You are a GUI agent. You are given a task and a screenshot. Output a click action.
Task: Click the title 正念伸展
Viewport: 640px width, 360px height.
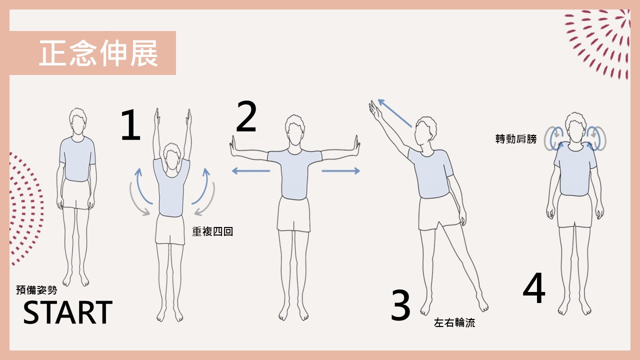98,53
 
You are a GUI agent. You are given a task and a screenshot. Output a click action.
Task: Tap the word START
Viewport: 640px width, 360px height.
67,312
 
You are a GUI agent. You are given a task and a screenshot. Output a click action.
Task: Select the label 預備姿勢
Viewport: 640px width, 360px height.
36,290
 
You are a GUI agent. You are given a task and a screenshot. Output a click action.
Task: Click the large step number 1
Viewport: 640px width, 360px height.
131,125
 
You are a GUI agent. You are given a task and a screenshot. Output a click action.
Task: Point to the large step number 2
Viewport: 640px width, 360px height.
246,116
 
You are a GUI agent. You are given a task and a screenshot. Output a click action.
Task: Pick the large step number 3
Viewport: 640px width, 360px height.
400,305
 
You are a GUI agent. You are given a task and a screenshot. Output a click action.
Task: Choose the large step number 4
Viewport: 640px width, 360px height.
534,287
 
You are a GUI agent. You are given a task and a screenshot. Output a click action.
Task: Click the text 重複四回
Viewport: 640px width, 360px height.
212,231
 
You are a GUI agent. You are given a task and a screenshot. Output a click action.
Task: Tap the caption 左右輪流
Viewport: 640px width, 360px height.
454,322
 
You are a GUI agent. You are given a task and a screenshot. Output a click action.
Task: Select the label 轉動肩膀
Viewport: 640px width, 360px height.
516,139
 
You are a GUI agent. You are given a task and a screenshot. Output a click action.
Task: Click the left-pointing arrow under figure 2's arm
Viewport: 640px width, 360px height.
251,171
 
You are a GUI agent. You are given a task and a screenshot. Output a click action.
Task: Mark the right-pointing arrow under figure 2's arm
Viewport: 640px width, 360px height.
340,171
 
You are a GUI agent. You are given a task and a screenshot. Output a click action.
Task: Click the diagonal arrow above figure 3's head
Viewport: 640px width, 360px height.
394,113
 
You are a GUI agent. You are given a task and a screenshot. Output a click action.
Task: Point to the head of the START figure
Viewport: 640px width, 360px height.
77,123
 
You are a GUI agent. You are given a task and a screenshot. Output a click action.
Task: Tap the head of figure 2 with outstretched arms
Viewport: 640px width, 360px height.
295,130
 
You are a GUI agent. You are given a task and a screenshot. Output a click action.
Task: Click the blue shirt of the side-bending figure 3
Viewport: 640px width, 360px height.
431,173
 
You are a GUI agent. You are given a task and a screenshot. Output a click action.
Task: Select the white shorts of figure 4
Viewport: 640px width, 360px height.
574,211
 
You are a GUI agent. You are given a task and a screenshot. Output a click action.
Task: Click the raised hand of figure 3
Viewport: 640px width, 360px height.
375,111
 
